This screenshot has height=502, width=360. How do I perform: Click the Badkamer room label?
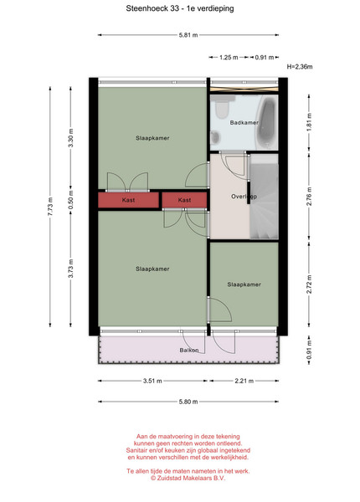click(244, 123)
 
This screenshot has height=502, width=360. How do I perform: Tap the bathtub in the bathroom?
click(267, 122)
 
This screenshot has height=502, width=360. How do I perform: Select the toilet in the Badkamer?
click(221, 107)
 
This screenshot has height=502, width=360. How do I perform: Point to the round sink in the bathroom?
click(215, 138)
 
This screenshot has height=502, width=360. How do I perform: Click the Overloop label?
click(244, 197)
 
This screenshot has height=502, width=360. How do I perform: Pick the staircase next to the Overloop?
click(264, 197)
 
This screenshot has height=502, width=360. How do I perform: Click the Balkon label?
click(189, 351)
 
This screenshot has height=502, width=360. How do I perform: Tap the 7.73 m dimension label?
click(50, 207)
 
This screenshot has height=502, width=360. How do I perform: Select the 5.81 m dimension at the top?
click(188, 35)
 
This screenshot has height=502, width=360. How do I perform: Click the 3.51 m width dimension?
click(152, 381)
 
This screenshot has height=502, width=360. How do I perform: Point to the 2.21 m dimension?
click(244, 381)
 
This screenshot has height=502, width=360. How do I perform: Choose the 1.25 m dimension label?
click(229, 58)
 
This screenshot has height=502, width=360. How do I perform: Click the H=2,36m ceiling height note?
click(300, 67)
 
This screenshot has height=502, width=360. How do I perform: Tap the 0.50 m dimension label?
click(71, 200)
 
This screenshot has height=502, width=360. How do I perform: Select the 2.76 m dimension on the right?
click(309, 197)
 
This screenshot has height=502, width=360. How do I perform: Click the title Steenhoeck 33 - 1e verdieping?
click(180, 8)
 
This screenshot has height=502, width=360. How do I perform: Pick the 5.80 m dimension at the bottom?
click(188, 402)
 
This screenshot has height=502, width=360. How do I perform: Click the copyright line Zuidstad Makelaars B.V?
click(188, 478)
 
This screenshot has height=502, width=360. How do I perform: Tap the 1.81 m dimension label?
click(309, 122)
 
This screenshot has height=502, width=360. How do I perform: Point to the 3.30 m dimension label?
click(71, 138)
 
